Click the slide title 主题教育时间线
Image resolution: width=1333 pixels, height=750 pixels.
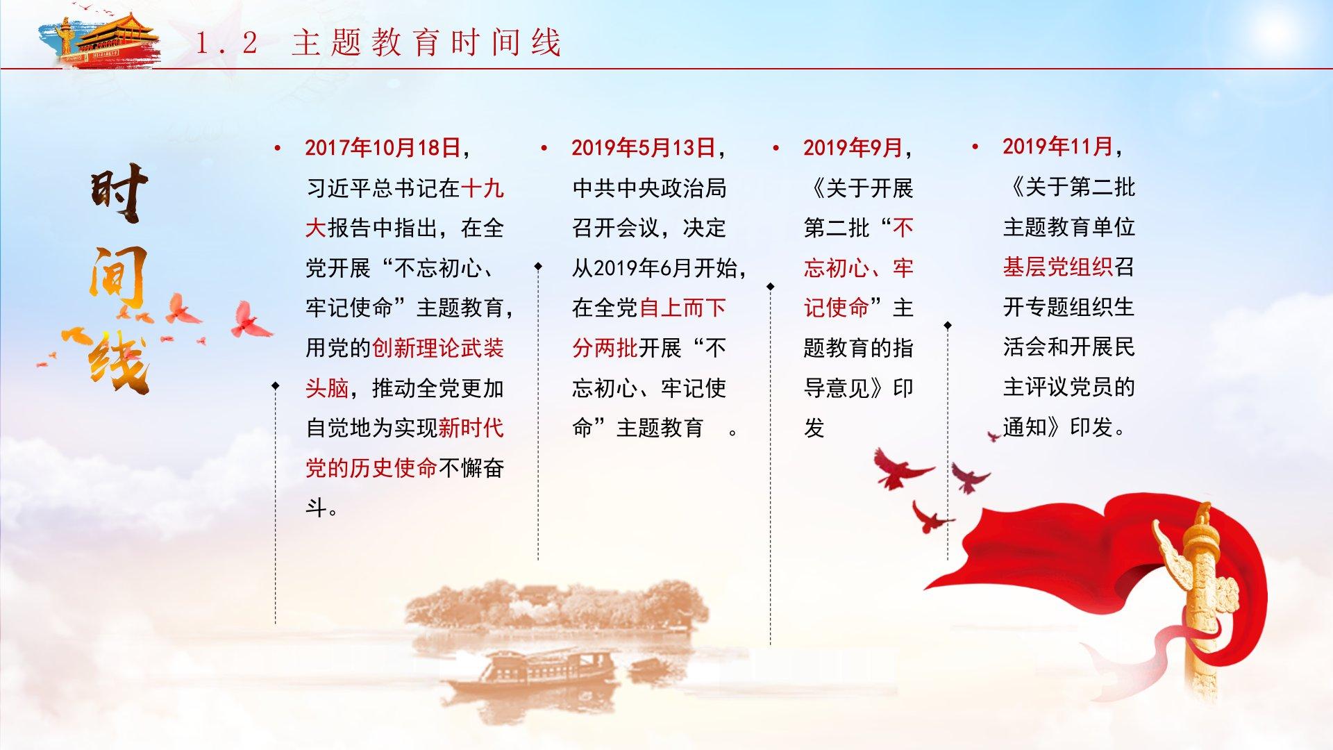pyautogui.click(x=426, y=42)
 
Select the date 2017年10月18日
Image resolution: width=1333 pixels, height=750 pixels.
pyautogui.click(x=383, y=148)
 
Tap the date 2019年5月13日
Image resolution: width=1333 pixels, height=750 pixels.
pyautogui.click(x=644, y=148)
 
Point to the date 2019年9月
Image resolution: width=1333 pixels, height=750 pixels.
pyautogui.click(x=853, y=148)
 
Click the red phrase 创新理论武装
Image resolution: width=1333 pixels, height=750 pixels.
pyautogui.click(x=438, y=348)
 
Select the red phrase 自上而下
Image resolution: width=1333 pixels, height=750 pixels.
pyautogui.click(x=682, y=308)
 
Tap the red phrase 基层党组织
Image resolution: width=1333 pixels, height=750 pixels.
pyautogui.click(x=1058, y=267)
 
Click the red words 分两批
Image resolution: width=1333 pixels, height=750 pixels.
pyautogui.click(x=605, y=348)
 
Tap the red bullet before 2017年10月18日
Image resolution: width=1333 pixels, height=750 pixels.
pyautogui.click(x=278, y=148)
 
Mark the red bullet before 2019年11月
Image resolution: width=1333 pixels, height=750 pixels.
pyautogui.click(x=975, y=147)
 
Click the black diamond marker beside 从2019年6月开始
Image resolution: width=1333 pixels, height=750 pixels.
pyautogui.click(x=538, y=266)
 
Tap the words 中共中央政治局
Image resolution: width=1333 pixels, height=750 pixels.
pyautogui.click(x=649, y=188)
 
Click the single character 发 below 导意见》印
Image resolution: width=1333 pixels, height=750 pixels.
pyautogui.click(x=814, y=428)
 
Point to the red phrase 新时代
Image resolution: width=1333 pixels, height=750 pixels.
pyautogui.click(x=471, y=428)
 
